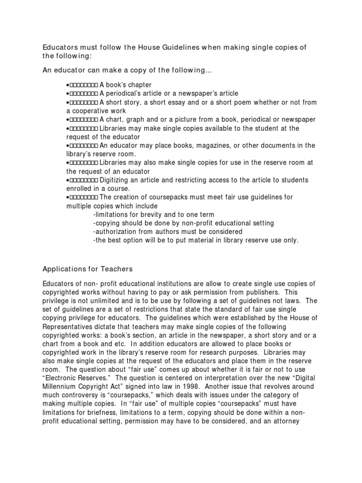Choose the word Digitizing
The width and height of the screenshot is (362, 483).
click(x=115, y=180)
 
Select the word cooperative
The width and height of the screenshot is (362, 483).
click(x=93, y=111)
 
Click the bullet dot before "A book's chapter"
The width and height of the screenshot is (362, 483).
click(x=68, y=85)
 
